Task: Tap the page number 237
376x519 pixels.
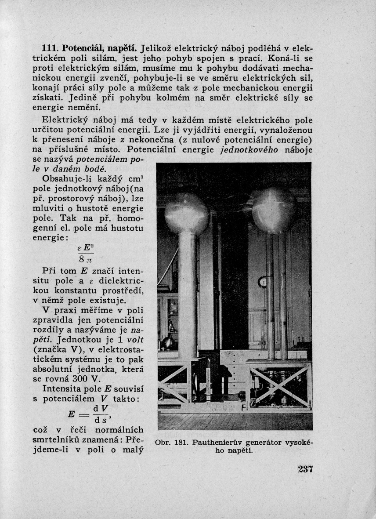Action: pyautogui.click(x=305, y=469)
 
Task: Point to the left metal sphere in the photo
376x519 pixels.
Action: pyautogui.click(x=187, y=214)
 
